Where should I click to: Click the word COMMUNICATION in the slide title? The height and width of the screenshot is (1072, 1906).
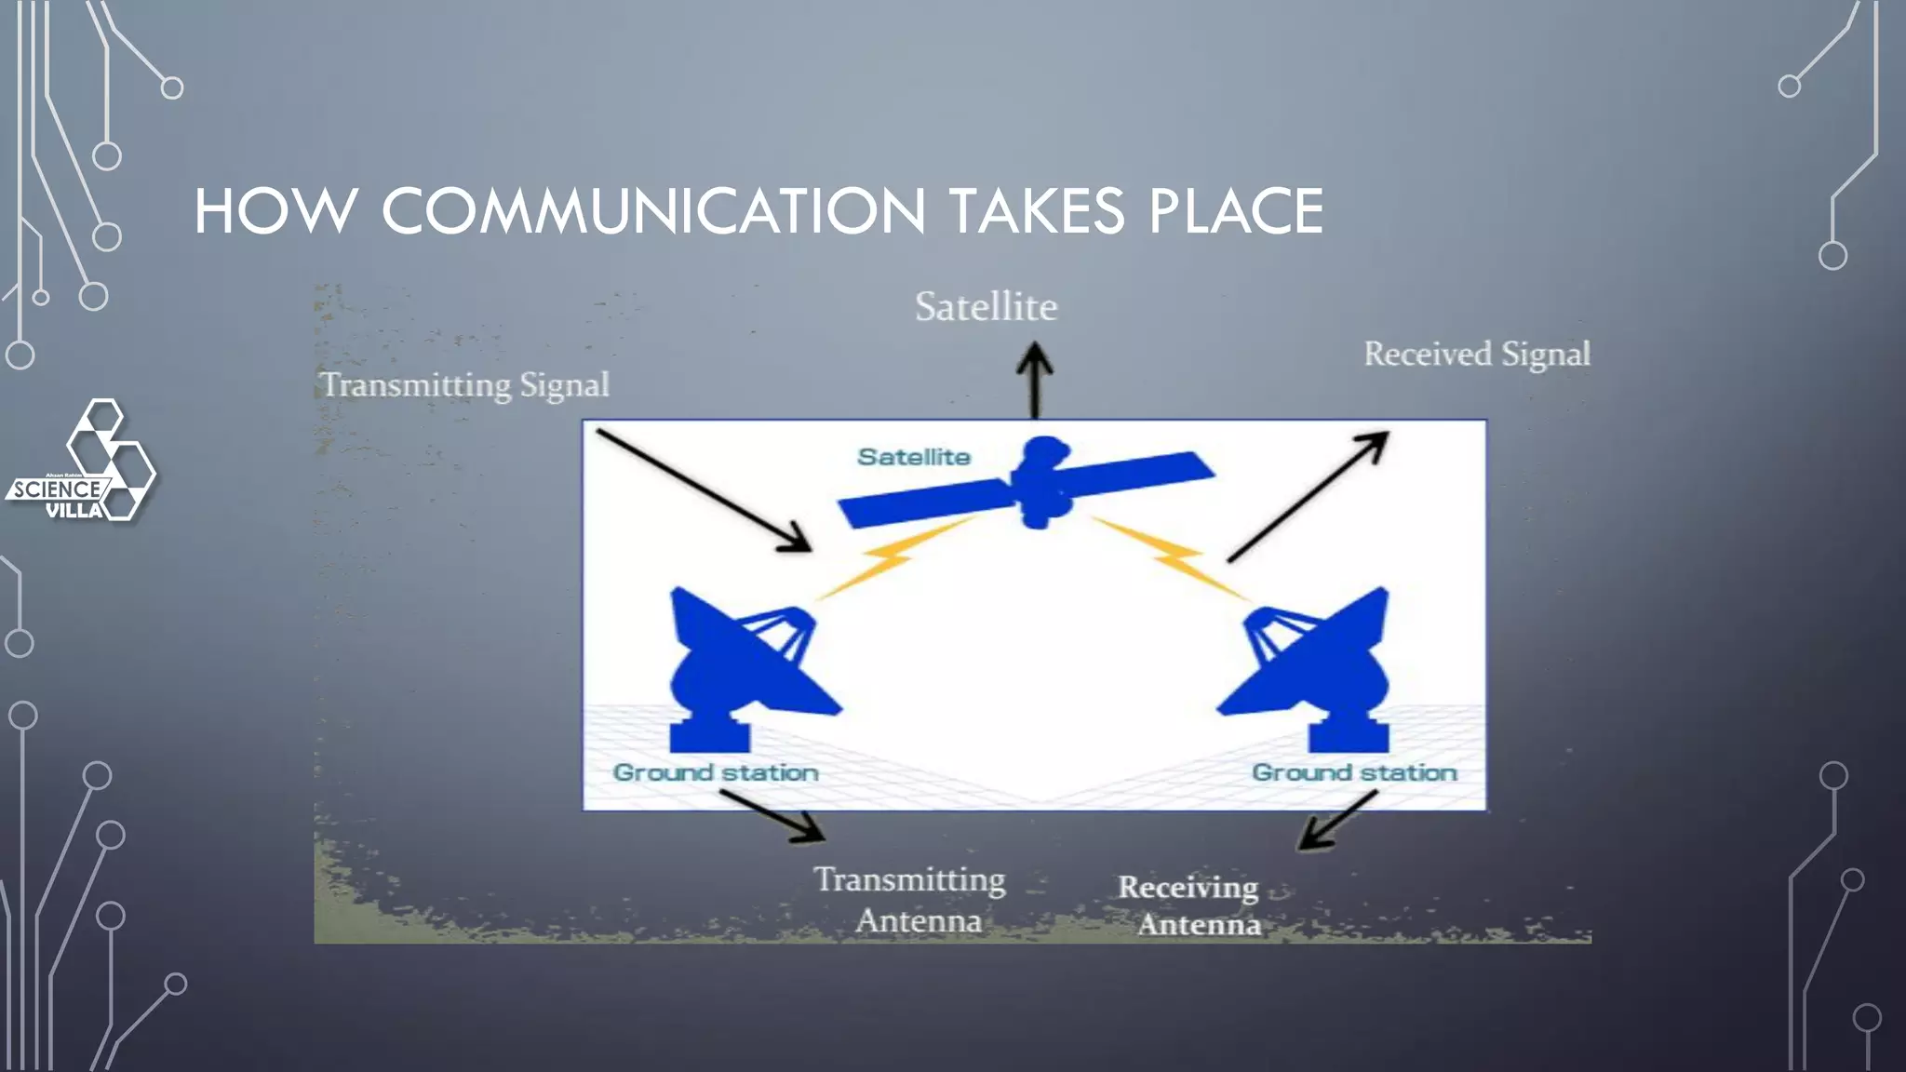click(x=653, y=211)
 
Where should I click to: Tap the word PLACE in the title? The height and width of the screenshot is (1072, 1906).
click(x=1235, y=211)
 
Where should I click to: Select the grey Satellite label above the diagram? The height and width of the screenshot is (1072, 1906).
click(x=986, y=307)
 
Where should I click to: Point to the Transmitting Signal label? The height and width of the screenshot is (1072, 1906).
click(x=464, y=384)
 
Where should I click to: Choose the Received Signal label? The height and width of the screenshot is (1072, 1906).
click(x=1477, y=354)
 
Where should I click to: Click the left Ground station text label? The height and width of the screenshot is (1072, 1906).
click(x=716, y=772)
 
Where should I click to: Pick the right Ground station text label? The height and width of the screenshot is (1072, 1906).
click(x=1354, y=772)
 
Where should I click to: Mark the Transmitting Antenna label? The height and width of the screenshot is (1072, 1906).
click(x=912, y=900)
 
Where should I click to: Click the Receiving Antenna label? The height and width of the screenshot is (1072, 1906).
click(x=1191, y=905)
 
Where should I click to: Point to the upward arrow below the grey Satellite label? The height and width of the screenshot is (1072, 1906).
click(x=1034, y=380)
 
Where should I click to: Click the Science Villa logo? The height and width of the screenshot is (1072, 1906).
click(x=82, y=462)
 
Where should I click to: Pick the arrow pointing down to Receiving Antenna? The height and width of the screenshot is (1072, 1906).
click(x=1337, y=821)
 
